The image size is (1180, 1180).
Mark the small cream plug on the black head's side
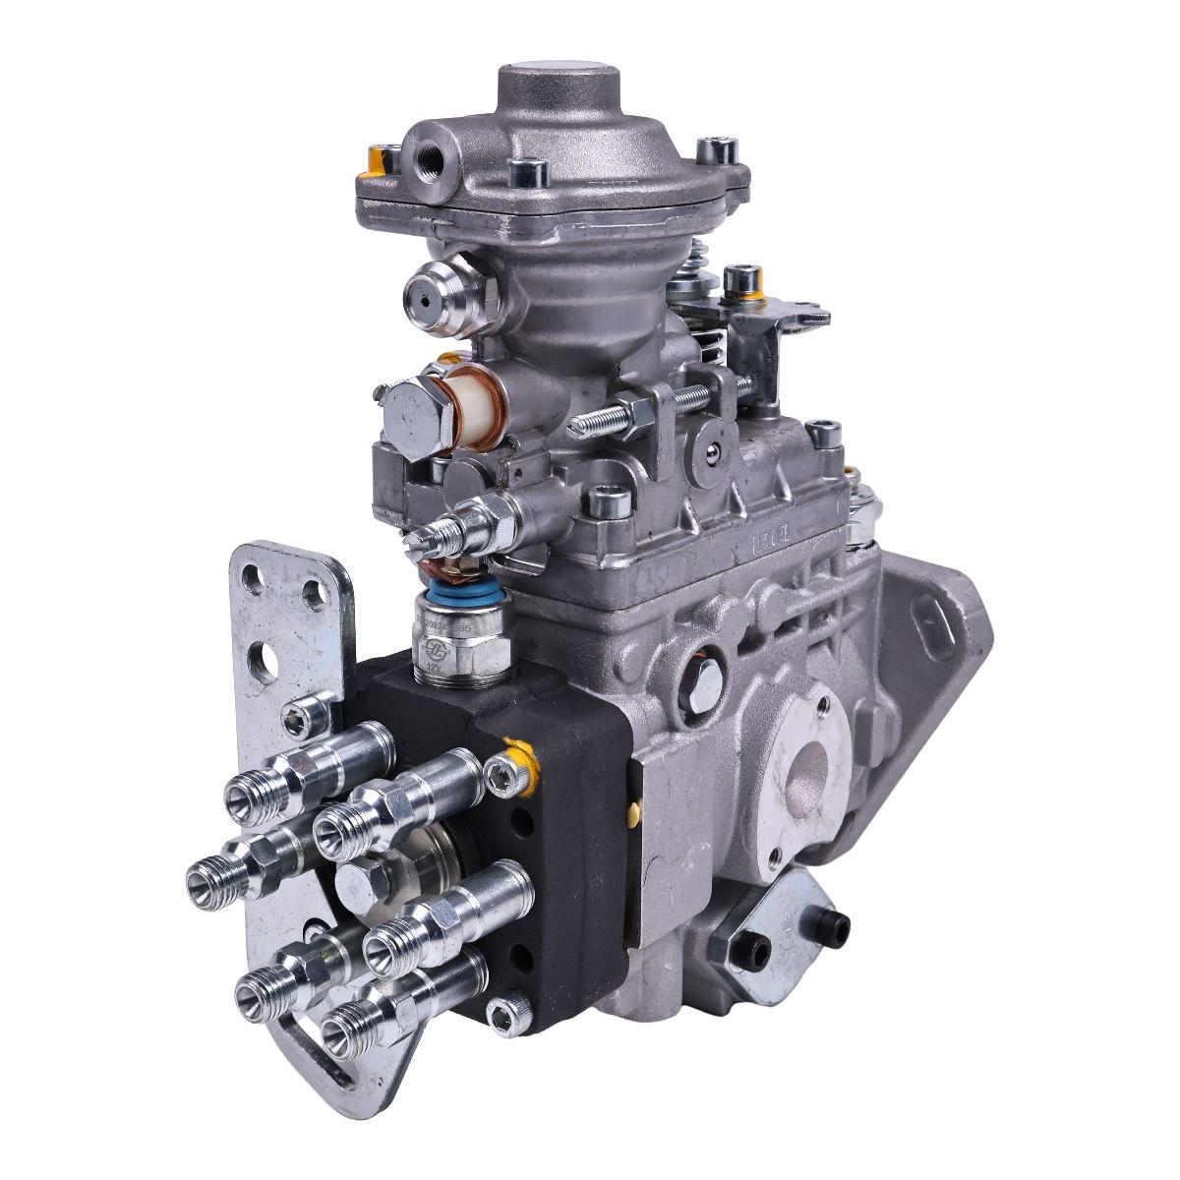(x=634, y=812)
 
